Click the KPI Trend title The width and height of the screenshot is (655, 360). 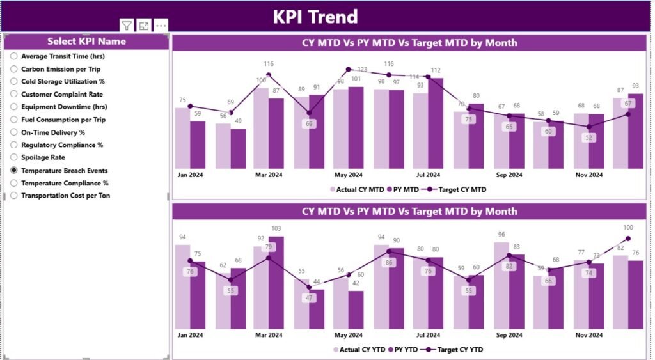(x=315, y=17)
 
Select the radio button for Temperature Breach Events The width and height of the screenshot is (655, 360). (x=14, y=171)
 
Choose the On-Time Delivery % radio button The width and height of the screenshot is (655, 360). (x=14, y=132)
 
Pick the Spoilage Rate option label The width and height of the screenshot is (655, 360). (x=43, y=157)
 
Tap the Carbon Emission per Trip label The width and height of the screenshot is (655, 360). (x=60, y=69)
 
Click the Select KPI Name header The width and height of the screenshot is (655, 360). (x=86, y=42)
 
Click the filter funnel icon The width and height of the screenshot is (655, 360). (x=127, y=26)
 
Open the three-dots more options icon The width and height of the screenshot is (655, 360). (x=161, y=26)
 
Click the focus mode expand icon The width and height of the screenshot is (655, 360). (x=144, y=26)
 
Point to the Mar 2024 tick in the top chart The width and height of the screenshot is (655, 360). (x=269, y=175)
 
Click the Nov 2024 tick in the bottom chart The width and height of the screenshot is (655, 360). (x=588, y=334)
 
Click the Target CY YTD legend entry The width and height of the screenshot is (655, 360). (x=459, y=350)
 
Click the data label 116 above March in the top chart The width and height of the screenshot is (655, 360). (x=269, y=64)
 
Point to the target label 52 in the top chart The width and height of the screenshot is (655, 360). (x=588, y=137)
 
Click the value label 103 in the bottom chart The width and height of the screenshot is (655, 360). (x=276, y=228)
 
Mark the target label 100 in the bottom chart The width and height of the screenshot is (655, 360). (x=628, y=228)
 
